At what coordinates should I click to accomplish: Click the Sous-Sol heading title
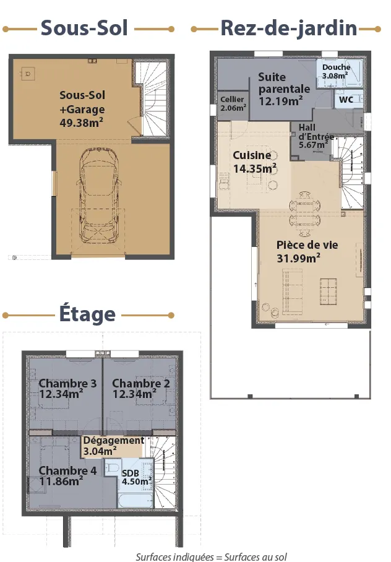coord(84,28)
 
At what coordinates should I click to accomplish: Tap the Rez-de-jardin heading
coord(289,28)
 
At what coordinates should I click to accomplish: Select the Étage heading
coord(87,313)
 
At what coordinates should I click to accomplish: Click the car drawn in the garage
coord(99,196)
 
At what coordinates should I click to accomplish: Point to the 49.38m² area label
coord(81,123)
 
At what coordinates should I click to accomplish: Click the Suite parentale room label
coord(284,83)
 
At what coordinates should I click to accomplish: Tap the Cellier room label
coord(232,99)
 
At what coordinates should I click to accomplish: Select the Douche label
coord(336,67)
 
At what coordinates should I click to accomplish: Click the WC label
coord(346,100)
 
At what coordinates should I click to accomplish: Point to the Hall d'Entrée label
coord(315,132)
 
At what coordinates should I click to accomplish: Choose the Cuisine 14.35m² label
coord(254,162)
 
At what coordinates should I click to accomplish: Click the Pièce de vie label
coord(307,245)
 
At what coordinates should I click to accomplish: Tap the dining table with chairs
coord(304,214)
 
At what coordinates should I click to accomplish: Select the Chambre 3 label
coord(67,383)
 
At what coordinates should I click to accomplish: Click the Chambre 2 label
coord(141,383)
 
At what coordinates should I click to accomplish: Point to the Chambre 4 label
coord(67,470)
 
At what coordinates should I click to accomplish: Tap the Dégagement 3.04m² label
coord(114,446)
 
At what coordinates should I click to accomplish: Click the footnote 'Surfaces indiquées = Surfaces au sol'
coord(211,556)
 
